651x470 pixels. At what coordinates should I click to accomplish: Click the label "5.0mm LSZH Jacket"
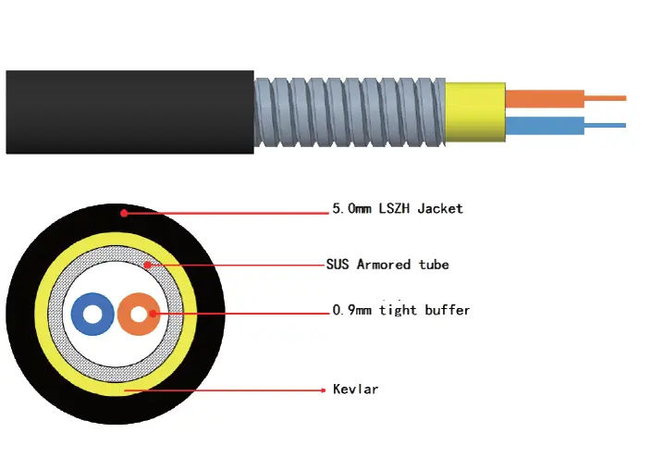pyautogui.click(x=397, y=209)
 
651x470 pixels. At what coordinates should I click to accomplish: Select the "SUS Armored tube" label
pyautogui.click(x=387, y=265)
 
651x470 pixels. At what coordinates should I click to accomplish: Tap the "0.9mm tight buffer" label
pyautogui.click(x=400, y=311)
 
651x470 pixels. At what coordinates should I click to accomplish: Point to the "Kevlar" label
pyautogui.click(x=355, y=390)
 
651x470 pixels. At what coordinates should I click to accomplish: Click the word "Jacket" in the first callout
pyautogui.click(x=439, y=209)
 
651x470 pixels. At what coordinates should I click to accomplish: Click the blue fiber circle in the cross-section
pyautogui.click(x=80, y=314)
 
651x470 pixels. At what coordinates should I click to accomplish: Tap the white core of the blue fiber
pyautogui.click(x=92, y=315)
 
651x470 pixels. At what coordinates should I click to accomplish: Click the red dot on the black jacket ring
pyautogui.click(x=123, y=213)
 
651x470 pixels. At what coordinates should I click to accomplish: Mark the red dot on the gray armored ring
pyautogui.click(x=146, y=265)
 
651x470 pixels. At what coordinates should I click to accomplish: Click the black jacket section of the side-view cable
pyautogui.click(x=129, y=112)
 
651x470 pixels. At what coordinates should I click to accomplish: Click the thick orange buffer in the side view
pyautogui.click(x=545, y=98)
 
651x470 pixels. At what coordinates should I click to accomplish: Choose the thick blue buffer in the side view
pyautogui.click(x=545, y=126)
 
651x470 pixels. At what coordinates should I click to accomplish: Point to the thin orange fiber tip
pyautogui.click(x=605, y=98)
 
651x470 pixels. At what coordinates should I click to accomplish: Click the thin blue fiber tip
pyautogui.click(x=605, y=126)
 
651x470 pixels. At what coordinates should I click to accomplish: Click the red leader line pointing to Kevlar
pyautogui.click(x=231, y=390)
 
